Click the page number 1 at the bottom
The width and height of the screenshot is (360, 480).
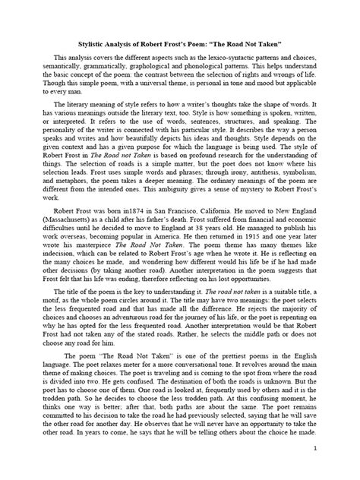(335, 469)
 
